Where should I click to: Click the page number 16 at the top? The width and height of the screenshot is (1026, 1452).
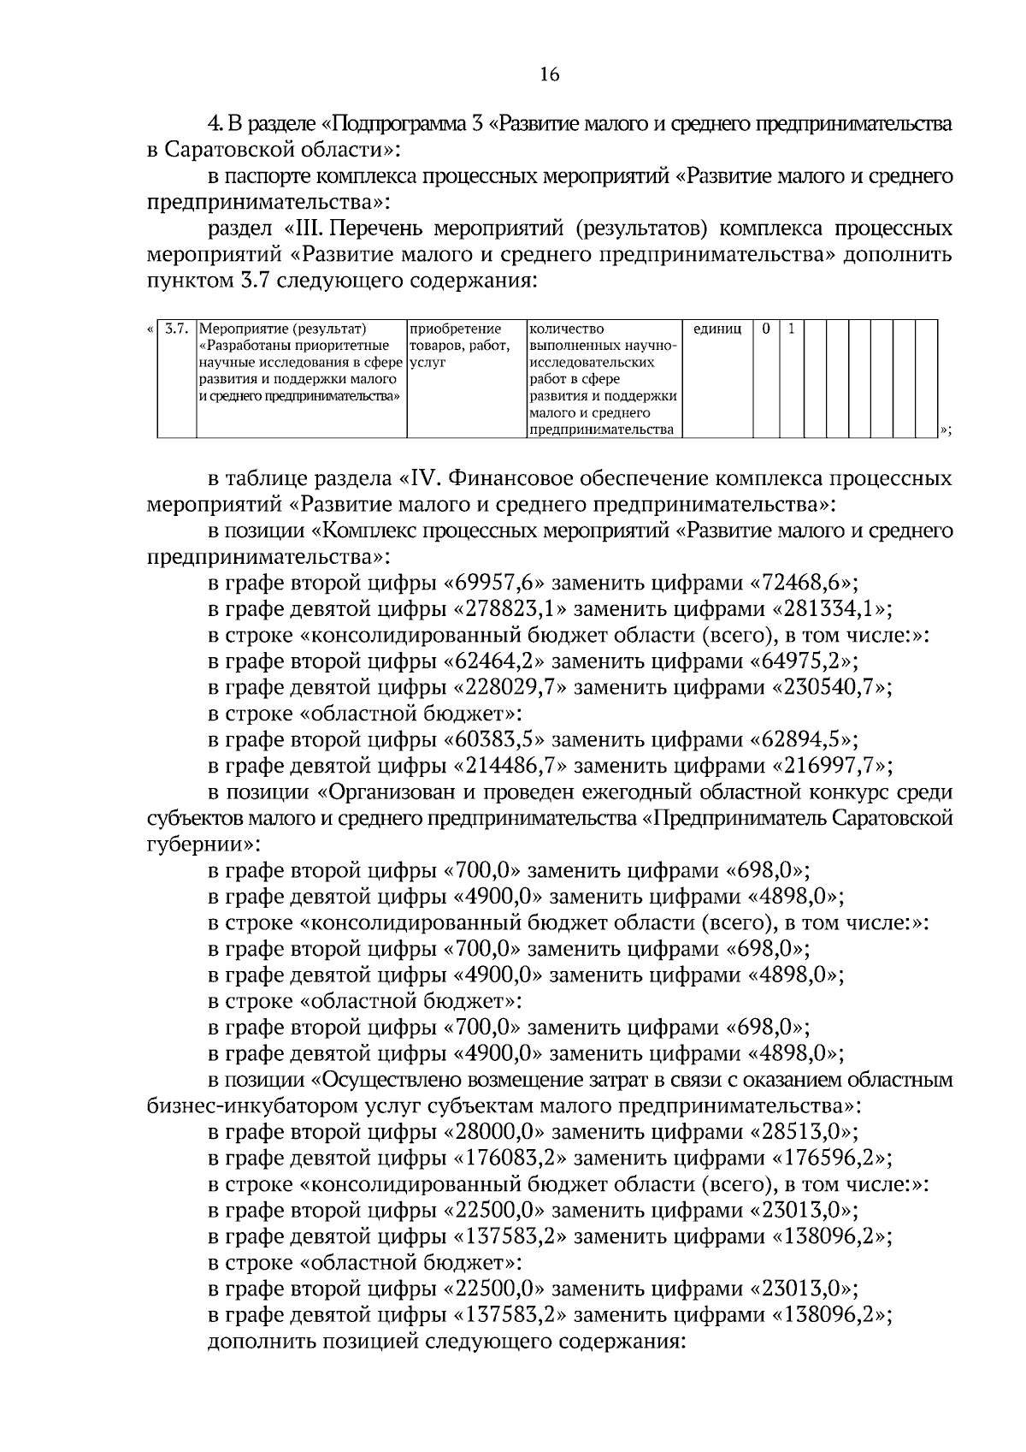point(549,75)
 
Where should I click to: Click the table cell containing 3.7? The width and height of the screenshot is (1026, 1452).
point(176,329)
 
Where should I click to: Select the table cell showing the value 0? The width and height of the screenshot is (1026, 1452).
point(766,329)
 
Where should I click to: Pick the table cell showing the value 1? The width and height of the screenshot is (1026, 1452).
point(791,329)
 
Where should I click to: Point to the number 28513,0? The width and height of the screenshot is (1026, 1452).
point(803,1132)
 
